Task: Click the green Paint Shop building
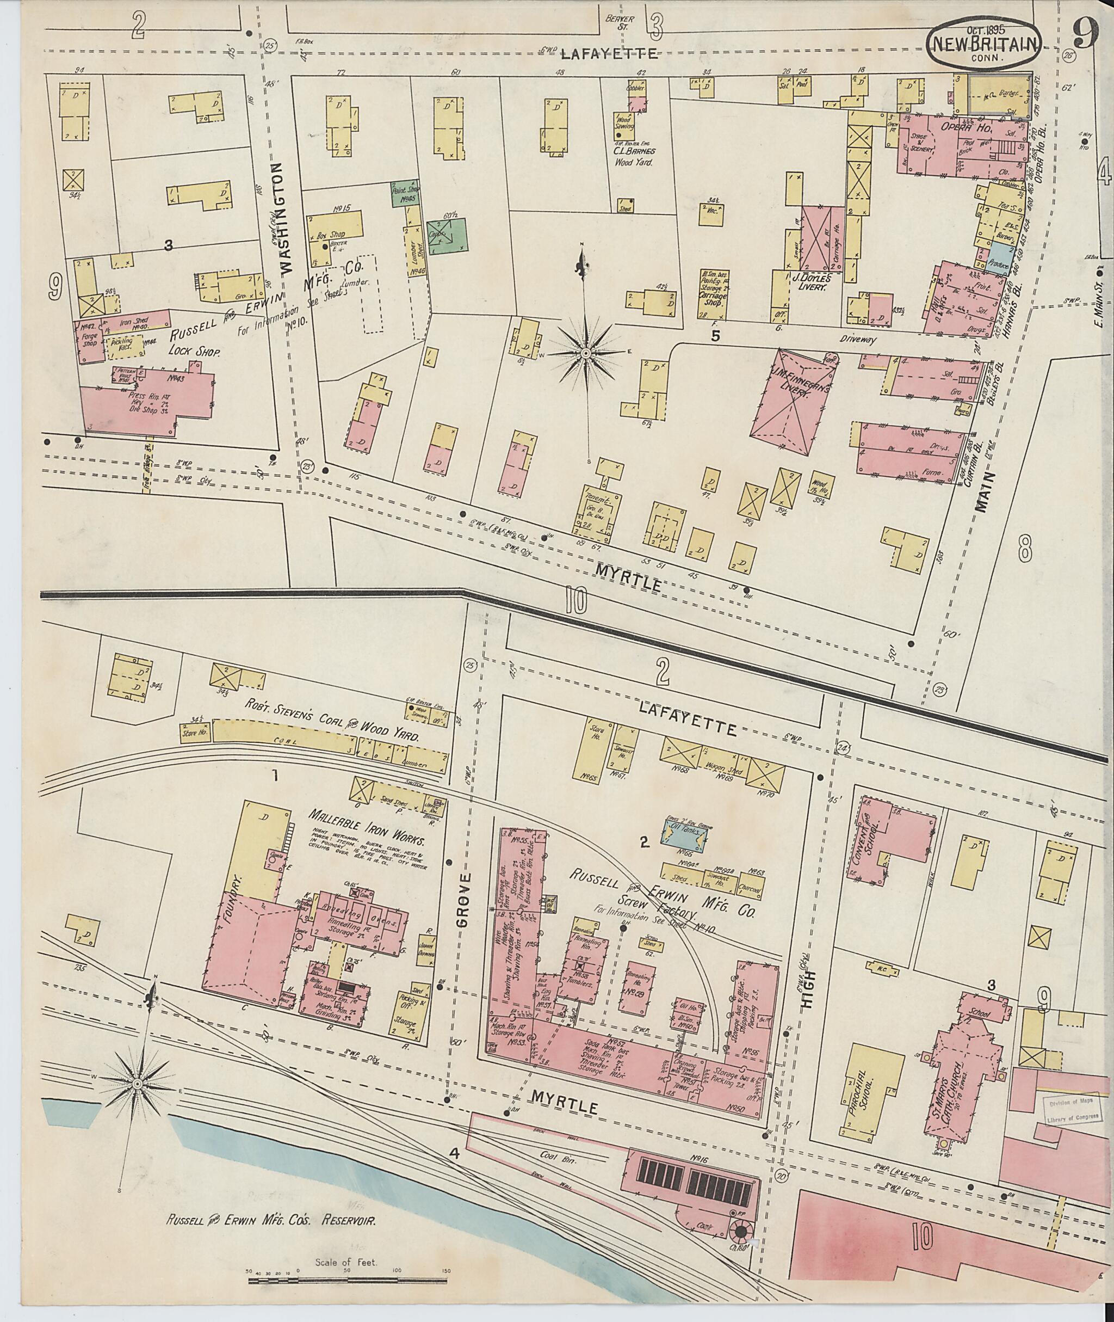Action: click(407, 195)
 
